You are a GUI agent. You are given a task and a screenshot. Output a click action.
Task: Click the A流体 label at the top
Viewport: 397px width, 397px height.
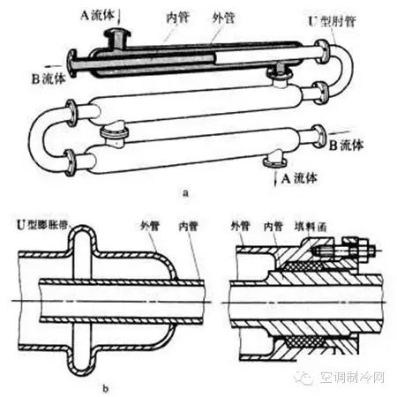tap(97, 15)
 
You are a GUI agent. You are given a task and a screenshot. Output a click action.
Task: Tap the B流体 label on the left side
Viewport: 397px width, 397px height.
tap(49, 79)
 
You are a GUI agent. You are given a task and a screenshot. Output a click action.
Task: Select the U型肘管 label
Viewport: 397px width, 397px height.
tap(332, 21)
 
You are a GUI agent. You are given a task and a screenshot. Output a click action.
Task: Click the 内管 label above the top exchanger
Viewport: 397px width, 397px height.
tap(178, 18)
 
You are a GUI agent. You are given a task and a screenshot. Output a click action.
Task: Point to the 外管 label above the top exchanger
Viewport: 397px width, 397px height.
tap(224, 18)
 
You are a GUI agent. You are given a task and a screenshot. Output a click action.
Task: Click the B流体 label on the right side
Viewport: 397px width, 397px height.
tap(346, 145)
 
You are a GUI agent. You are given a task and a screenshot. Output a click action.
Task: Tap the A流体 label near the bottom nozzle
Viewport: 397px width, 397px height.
tap(299, 178)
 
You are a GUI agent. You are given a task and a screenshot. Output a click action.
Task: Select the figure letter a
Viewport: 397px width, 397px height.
tap(185, 193)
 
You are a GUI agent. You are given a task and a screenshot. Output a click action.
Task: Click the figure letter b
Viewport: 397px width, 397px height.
tap(106, 389)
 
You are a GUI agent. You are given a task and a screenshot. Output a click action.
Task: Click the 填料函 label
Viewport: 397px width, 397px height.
tap(311, 227)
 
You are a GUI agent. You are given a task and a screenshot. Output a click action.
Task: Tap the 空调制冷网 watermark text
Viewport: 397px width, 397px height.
tap(352, 378)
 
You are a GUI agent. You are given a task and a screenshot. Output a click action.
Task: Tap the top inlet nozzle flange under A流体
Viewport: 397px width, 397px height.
tap(118, 33)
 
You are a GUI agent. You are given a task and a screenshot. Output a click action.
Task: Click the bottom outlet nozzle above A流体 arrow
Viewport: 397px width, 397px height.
tap(274, 159)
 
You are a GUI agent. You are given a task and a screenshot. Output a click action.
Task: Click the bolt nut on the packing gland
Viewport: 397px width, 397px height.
tap(363, 251)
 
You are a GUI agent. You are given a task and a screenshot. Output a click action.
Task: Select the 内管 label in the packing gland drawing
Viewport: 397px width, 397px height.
tap(273, 227)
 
